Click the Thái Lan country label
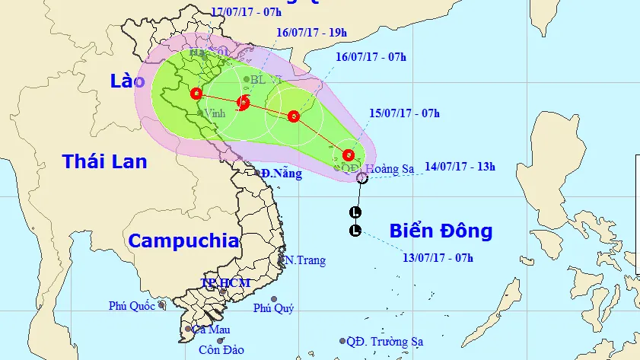coord(105,161)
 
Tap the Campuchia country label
coord(183,241)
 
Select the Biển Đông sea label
coord(441,231)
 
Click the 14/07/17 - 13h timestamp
coord(460,167)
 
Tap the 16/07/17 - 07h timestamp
coord(371,57)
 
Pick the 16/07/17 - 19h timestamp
coord(311,33)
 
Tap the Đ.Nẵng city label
coord(281,174)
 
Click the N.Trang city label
coord(305,261)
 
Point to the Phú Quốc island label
coord(132,306)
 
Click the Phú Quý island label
coord(273,308)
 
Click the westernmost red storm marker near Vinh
coord(196,94)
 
